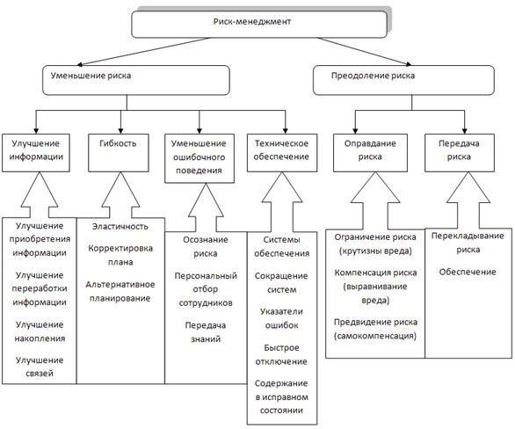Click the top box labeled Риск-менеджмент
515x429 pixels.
259,25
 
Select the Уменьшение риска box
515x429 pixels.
136,80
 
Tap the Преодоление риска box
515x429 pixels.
403,80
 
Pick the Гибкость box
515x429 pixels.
119,153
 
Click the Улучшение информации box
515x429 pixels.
36,153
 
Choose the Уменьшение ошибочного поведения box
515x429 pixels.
199,158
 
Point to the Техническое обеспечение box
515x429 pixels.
282,153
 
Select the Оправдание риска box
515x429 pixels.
370,153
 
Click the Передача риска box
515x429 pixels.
460,153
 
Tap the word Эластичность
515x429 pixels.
120,226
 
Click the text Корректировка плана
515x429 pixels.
120,255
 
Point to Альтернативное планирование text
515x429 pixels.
120,291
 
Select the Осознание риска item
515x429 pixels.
206,246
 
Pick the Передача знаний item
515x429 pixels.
206,332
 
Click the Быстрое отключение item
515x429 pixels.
281,355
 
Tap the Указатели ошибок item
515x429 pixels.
281,318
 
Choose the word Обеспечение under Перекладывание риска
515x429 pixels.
468,272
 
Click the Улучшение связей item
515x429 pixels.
40,367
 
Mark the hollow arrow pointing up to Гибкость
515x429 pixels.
120,195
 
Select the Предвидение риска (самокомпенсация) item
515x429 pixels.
375,329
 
